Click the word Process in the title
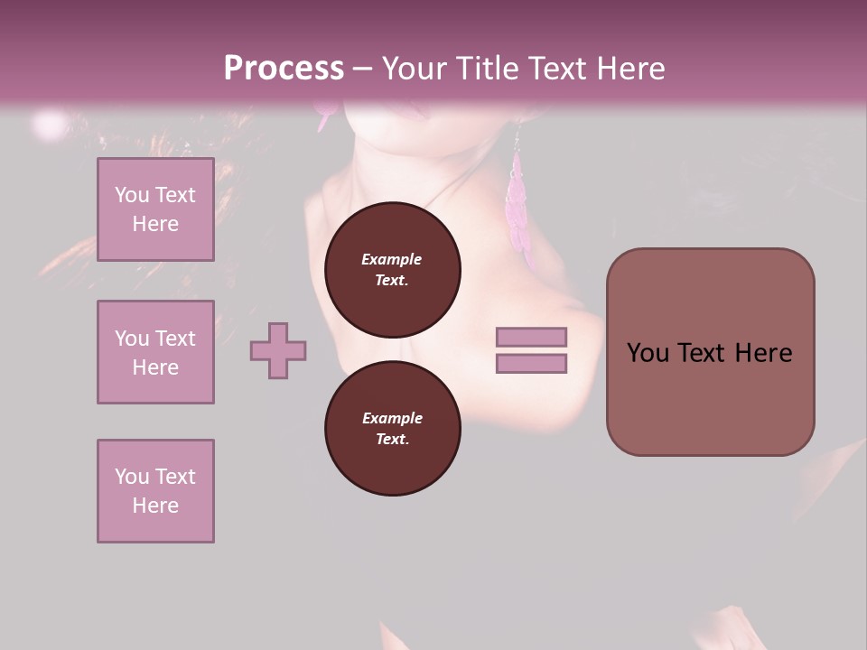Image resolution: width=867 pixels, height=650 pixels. (284, 69)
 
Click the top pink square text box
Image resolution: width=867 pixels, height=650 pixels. (155, 209)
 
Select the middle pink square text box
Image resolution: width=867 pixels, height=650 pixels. (155, 352)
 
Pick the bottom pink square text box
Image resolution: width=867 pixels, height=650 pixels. (155, 491)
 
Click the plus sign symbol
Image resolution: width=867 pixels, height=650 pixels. (278, 350)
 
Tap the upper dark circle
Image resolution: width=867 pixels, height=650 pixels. (392, 269)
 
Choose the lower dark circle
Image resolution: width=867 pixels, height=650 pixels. (392, 428)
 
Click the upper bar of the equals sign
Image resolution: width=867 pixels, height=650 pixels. (531, 338)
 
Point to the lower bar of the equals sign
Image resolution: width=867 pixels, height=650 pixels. (531, 363)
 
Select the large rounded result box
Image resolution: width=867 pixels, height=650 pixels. (710, 351)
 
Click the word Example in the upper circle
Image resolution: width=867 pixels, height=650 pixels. (392, 259)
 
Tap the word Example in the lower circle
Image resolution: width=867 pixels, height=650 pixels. (392, 418)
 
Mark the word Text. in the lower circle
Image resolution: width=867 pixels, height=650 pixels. (392, 440)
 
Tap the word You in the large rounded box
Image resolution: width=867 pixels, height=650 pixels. (648, 353)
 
